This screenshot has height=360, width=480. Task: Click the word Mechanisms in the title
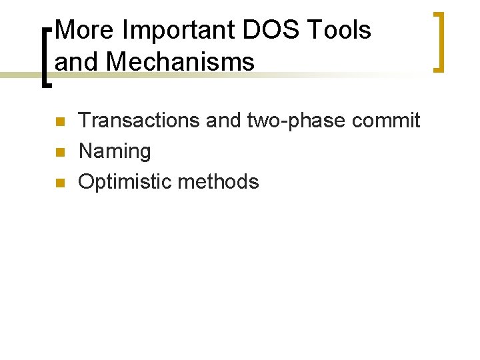tap(180, 62)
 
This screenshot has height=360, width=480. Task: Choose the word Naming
tap(115, 151)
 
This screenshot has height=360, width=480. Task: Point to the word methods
tap(220, 181)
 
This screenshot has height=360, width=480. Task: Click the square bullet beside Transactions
tap(59, 122)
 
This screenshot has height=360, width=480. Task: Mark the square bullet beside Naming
tap(59, 153)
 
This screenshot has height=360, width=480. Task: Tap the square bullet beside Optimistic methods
tap(59, 183)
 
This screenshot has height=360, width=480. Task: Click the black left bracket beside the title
tap(45, 57)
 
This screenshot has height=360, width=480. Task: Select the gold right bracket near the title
tap(439, 41)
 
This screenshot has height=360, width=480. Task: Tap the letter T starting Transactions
tap(85, 121)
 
